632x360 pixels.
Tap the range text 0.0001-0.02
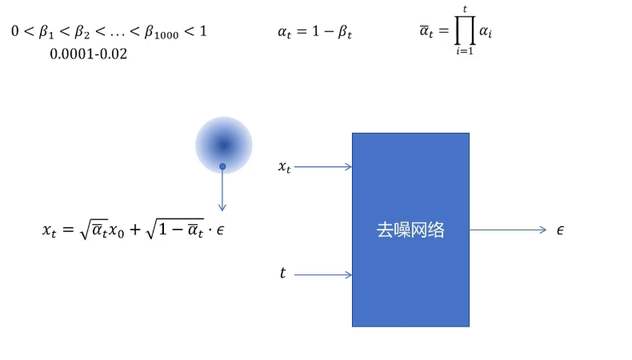pyautogui.click(x=88, y=54)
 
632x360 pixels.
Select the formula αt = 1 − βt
pyautogui.click(x=315, y=33)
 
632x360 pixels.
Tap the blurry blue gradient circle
pyautogui.click(x=223, y=145)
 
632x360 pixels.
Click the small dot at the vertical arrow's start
pyautogui.click(x=223, y=167)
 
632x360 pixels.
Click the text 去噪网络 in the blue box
pyautogui.click(x=410, y=230)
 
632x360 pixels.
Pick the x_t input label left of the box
pyautogui.click(x=284, y=167)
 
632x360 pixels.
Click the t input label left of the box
pyautogui.click(x=282, y=274)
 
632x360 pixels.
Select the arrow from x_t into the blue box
pyautogui.click(x=323, y=167)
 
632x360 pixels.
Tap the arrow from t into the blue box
pyautogui.click(x=323, y=275)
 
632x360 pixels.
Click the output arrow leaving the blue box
pyautogui.click(x=507, y=230)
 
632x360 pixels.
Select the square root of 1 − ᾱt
pyautogui.click(x=173, y=229)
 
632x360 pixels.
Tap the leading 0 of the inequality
pyautogui.click(x=15, y=33)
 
